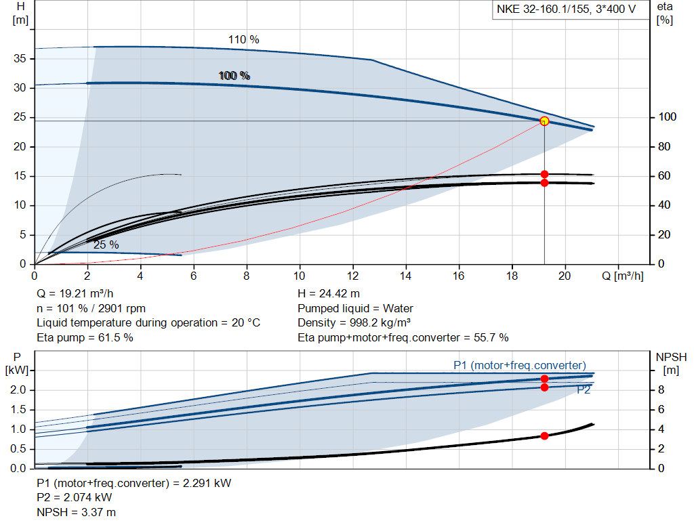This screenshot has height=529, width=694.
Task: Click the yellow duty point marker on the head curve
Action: (x=544, y=121)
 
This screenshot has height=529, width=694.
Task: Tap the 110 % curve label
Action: (x=243, y=39)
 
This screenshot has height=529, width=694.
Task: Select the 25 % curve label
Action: (x=106, y=245)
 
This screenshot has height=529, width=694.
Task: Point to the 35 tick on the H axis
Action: (x=20, y=59)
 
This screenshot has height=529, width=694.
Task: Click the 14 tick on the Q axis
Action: (x=405, y=276)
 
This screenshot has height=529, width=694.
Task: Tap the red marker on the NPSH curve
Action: (x=544, y=436)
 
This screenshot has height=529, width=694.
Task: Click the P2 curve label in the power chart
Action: (x=584, y=390)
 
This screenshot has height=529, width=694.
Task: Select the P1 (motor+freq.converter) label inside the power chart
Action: (x=520, y=366)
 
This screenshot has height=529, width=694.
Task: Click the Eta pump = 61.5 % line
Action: (x=85, y=337)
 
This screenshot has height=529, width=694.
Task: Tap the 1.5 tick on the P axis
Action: (x=18, y=410)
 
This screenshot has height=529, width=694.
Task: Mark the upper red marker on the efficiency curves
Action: (x=544, y=174)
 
